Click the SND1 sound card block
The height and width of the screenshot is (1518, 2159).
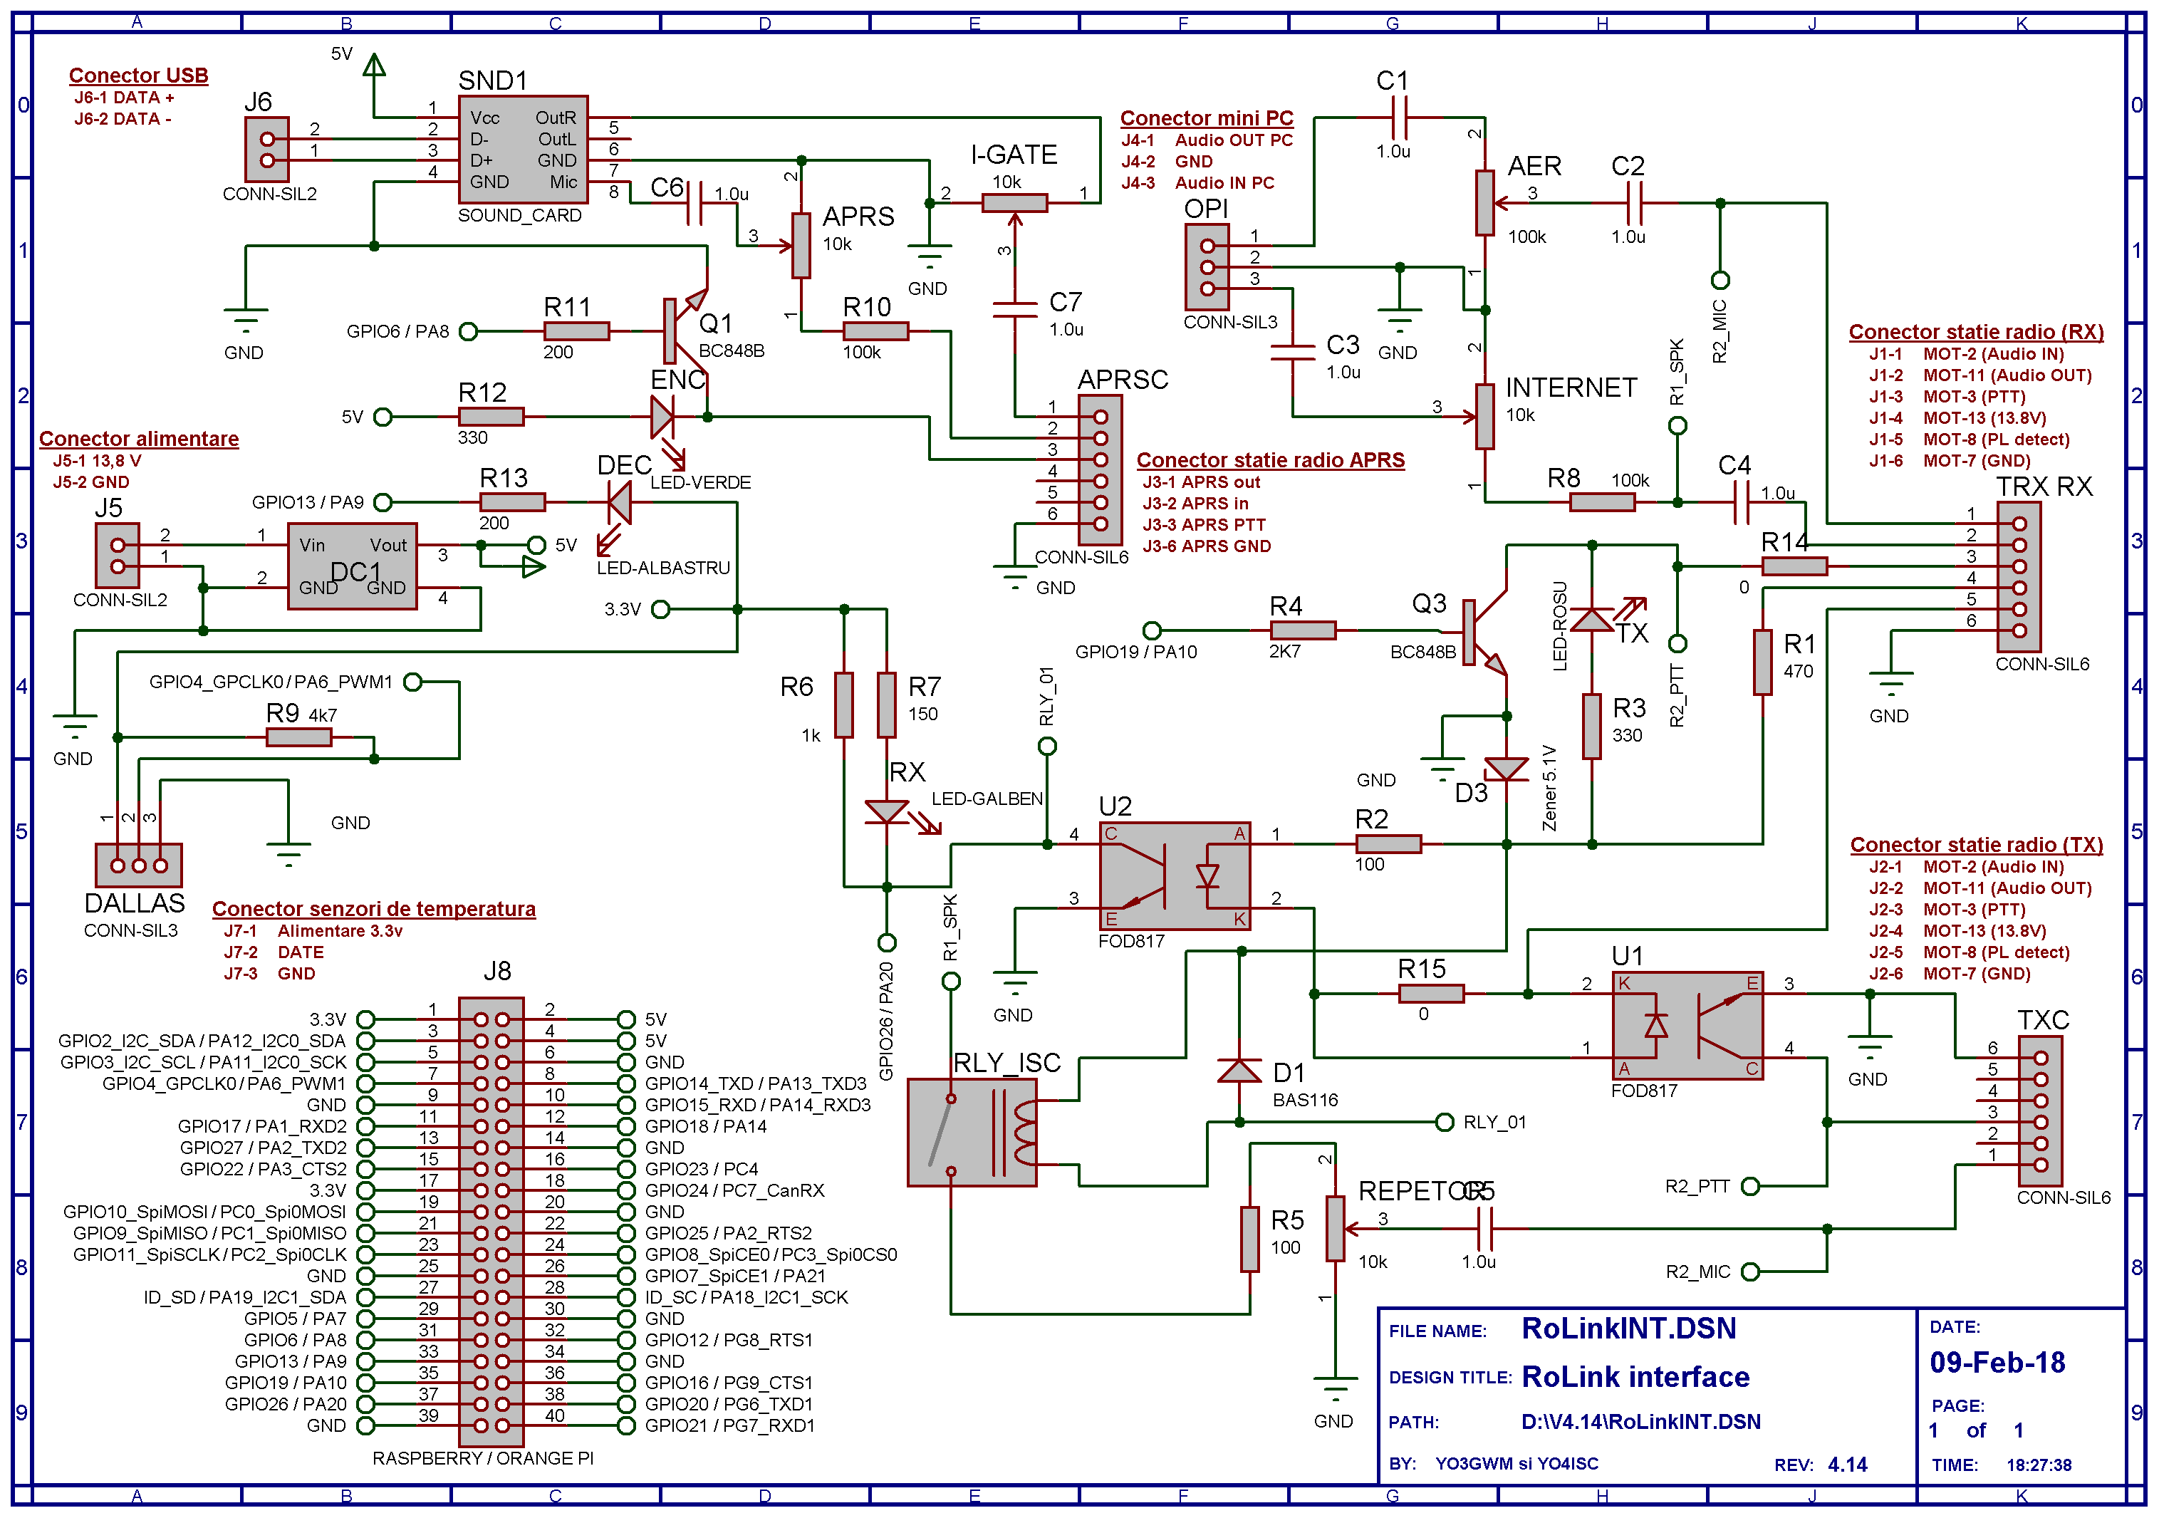point(523,150)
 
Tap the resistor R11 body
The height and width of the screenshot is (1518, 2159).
point(576,331)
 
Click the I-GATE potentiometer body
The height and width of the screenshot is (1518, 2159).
point(1014,202)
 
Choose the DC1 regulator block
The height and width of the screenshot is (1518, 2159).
point(352,566)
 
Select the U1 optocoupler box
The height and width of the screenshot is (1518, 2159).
point(1687,1025)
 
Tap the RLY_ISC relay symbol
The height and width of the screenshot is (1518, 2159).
point(972,1133)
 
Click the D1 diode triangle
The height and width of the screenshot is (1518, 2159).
point(1239,1071)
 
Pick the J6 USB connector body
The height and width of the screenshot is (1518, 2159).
point(267,150)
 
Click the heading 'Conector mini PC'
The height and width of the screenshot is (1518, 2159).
point(1207,118)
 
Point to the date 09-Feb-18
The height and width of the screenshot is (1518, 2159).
point(1997,1362)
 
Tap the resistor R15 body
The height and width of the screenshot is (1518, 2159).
point(1430,993)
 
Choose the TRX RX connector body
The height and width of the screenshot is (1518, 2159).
point(2019,576)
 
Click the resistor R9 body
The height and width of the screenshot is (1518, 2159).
point(299,737)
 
